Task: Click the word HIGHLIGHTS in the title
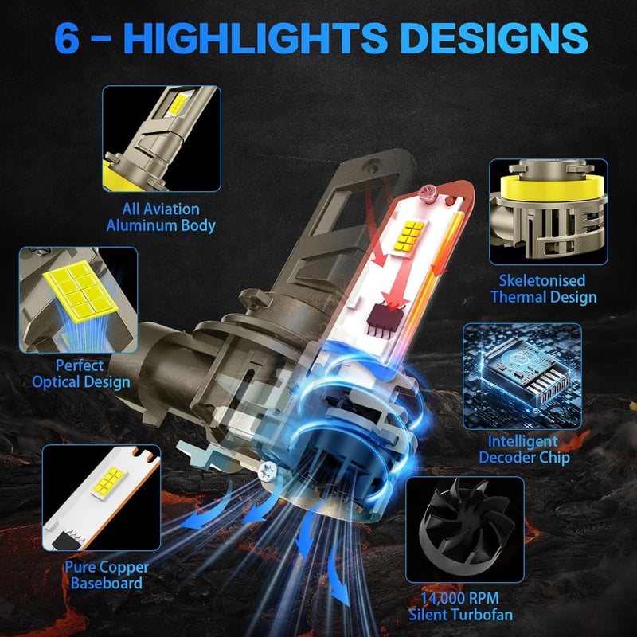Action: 258,37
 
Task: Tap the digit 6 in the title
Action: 67,38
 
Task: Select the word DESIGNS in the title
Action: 494,37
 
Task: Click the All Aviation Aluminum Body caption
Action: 161,217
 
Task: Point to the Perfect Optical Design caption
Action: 81,373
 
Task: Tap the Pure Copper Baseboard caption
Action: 107,575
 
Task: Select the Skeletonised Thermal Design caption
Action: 543,289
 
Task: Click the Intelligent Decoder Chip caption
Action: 524,449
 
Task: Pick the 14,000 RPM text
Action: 459,598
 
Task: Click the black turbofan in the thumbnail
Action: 463,525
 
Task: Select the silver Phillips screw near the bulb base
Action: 268,471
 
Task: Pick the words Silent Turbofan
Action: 461,615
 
